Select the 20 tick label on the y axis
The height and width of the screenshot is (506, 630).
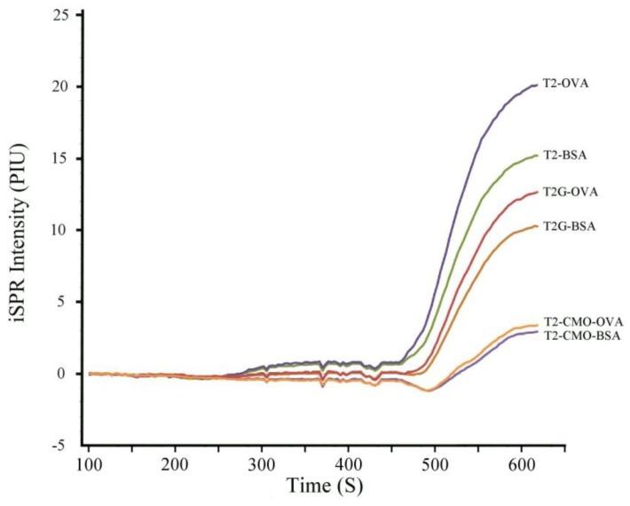point(65,87)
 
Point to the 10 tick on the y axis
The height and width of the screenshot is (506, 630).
point(65,230)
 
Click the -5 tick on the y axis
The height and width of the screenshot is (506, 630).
point(67,446)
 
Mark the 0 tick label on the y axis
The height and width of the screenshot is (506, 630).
point(69,374)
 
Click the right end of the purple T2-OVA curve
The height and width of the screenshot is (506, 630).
point(537,85)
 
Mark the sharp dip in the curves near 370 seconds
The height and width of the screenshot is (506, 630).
point(323,383)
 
